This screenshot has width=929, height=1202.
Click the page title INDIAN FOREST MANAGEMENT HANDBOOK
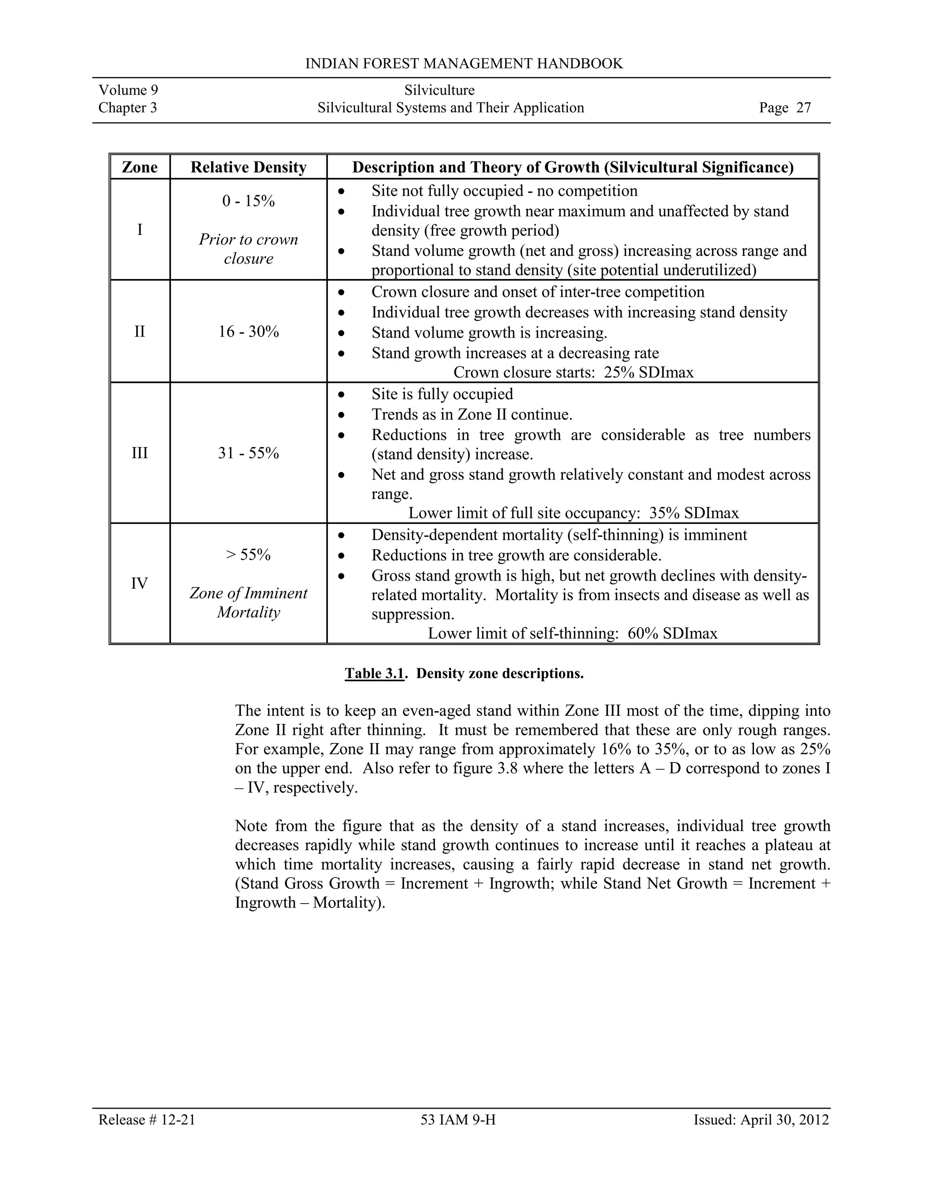pyautogui.click(x=464, y=64)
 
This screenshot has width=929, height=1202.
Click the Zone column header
pyautogui.click(x=139, y=167)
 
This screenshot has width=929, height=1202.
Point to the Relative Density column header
pyautogui.click(x=248, y=167)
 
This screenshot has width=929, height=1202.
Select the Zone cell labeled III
pyautogui.click(x=139, y=453)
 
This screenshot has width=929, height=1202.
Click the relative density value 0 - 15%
pyautogui.click(x=248, y=201)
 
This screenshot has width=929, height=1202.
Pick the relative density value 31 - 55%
pyautogui.click(x=248, y=453)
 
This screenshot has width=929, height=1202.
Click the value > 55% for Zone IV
pyautogui.click(x=248, y=555)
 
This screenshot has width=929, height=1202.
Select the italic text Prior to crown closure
pyautogui.click(x=248, y=249)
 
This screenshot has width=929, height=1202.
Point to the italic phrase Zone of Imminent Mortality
pyautogui.click(x=248, y=603)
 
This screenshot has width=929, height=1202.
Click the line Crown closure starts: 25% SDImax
pyautogui.click(x=573, y=372)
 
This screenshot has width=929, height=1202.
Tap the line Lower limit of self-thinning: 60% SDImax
pyautogui.click(x=572, y=634)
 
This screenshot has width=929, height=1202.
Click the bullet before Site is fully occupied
pyautogui.click(x=341, y=395)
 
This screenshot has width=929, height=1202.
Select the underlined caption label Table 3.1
pyautogui.click(x=374, y=674)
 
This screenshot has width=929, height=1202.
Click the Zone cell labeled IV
pyautogui.click(x=139, y=583)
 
